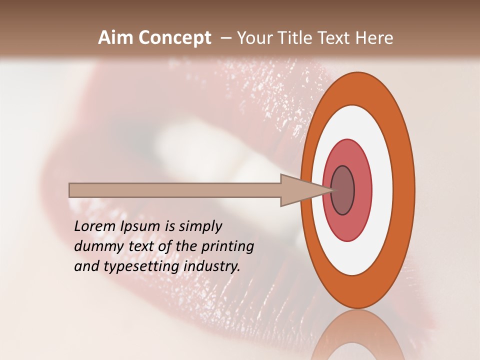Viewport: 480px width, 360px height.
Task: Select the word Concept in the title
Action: coord(175,38)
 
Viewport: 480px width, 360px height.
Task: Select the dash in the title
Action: coord(225,38)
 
